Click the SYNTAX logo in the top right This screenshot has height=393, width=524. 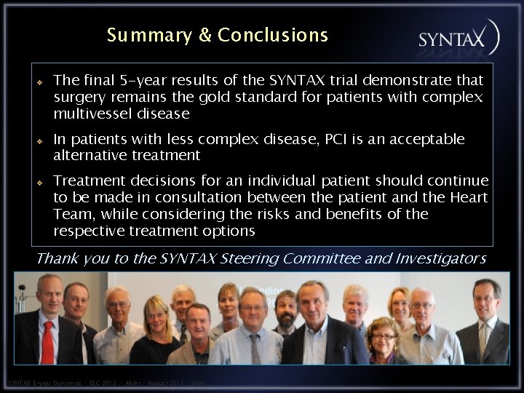pyautogui.click(x=458, y=39)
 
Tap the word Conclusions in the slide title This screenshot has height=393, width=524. pyautogui.click(x=273, y=35)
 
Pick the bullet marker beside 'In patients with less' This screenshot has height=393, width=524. pyautogui.click(x=41, y=140)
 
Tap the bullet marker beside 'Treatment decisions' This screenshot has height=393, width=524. pyautogui.click(x=41, y=182)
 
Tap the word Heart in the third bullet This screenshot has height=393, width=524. pyautogui.click(x=469, y=196)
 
